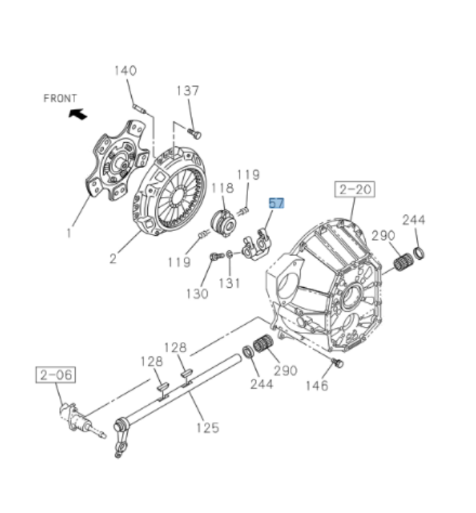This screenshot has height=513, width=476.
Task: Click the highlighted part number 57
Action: click(277, 203)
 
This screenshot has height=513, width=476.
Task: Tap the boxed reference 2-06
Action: click(56, 375)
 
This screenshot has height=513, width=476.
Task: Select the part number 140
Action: click(125, 71)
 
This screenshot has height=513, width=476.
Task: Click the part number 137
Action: click(188, 91)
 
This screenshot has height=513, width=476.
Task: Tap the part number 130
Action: click(196, 293)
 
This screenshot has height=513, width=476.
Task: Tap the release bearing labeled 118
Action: click(223, 222)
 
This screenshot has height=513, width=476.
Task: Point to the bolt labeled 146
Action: click(336, 361)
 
